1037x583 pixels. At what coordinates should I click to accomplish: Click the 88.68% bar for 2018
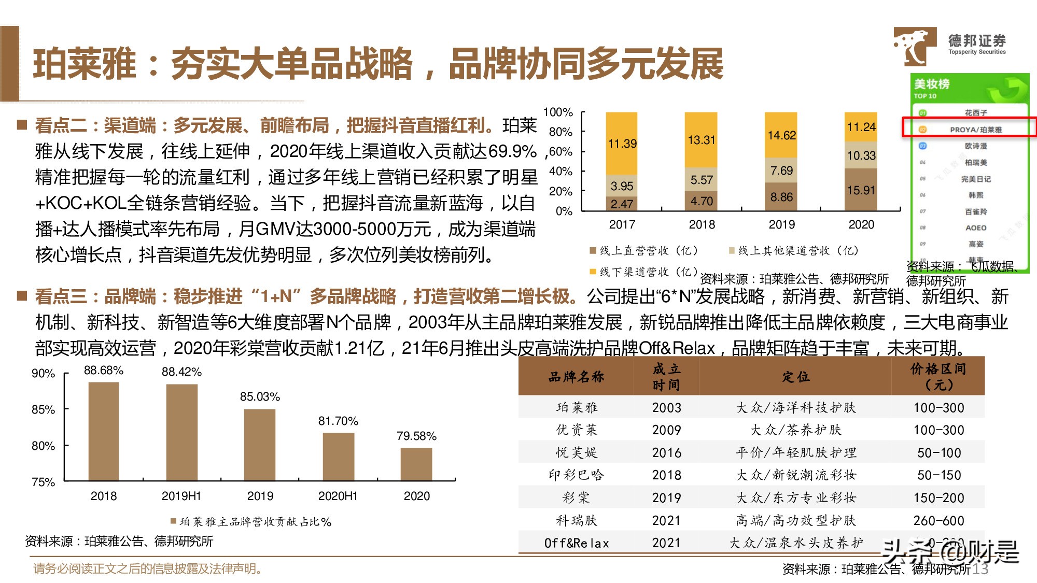point(104,431)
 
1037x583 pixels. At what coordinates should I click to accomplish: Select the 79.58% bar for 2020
point(416,464)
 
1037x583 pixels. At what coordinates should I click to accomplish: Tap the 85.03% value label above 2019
point(260,397)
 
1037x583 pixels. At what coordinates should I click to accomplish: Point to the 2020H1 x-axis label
point(338,496)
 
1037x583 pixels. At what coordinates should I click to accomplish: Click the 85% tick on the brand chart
point(43,409)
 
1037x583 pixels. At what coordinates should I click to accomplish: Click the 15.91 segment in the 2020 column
point(861,190)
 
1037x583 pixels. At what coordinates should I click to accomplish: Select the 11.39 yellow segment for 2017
point(622,144)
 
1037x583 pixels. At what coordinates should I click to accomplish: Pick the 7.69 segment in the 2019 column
point(781,170)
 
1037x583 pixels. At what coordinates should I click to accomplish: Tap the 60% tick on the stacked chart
point(560,152)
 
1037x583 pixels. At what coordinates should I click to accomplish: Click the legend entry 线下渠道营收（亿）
point(643,272)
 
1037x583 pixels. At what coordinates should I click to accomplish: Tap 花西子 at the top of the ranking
point(975,112)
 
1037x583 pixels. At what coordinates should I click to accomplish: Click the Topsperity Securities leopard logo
point(914,46)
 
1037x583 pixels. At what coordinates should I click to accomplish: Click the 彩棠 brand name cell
point(576,497)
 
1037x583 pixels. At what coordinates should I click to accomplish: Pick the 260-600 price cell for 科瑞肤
point(938,520)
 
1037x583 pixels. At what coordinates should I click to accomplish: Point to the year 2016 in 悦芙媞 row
point(666,452)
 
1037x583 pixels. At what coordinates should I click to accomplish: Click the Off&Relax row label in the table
point(576,543)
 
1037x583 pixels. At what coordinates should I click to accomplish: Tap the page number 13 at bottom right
point(980,569)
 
